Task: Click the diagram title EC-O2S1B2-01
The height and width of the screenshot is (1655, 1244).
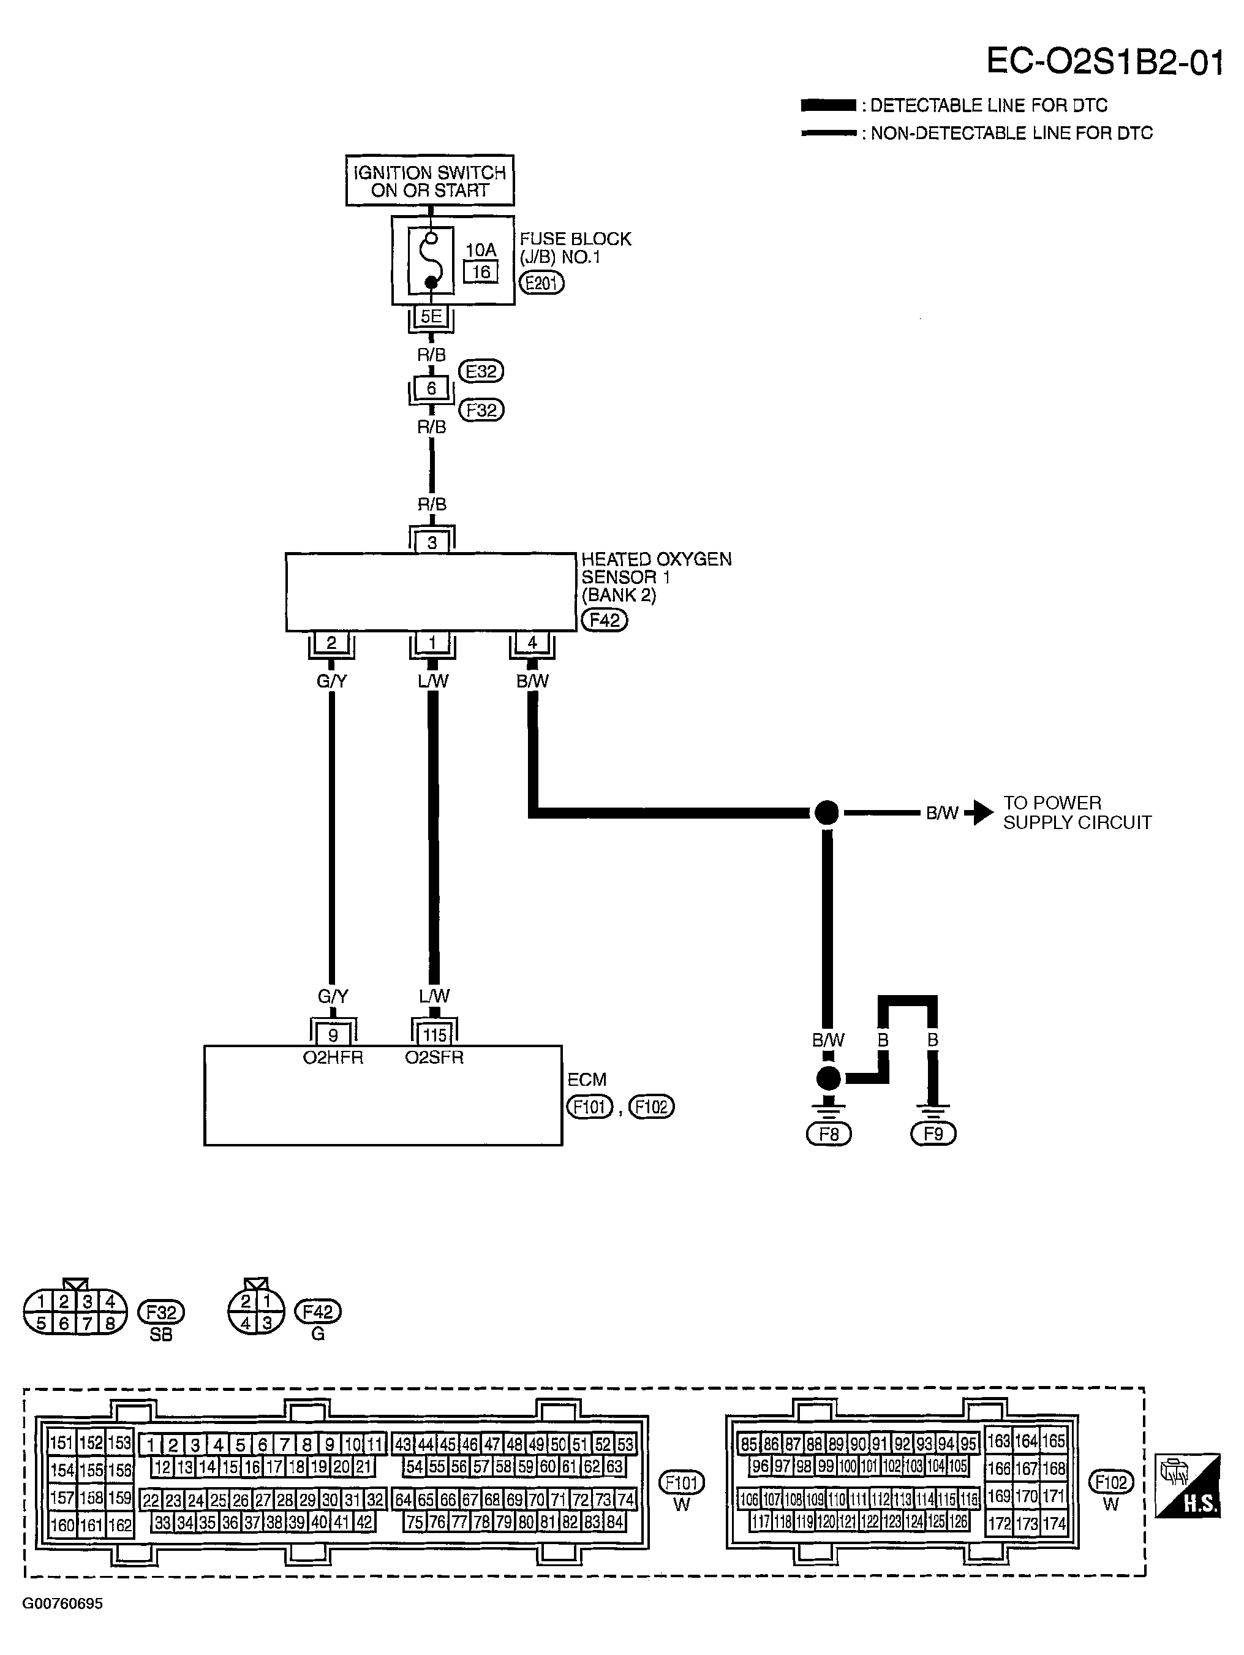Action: click(1104, 61)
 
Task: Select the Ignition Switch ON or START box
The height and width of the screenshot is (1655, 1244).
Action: click(430, 180)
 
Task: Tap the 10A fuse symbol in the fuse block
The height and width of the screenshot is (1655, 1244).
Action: click(431, 261)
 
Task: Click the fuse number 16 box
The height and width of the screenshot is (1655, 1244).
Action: click(481, 271)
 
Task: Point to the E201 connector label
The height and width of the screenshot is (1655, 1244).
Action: click(541, 283)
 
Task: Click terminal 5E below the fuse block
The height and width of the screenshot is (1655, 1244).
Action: click(431, 317)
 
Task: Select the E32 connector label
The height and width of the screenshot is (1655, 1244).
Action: click(481, 371)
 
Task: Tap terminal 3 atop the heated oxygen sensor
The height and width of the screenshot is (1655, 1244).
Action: click(432, 542)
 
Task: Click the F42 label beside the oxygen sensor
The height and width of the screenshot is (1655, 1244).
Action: click(605, 619)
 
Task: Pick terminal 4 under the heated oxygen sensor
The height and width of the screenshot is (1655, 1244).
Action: click(532, 642)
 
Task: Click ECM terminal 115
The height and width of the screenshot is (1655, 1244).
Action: click(435, 1035)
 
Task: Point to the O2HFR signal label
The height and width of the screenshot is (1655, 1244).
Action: click(333, 1057)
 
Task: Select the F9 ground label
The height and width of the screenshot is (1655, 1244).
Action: click(933, 1134)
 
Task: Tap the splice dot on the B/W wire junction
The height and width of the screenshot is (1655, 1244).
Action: click(827, 812)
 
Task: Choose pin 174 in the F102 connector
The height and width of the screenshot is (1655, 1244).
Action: click(1054, 1523)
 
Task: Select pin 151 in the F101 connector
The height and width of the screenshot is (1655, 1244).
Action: click(61, 1442)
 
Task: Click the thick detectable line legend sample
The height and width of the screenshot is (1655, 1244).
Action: click(828, 105)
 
